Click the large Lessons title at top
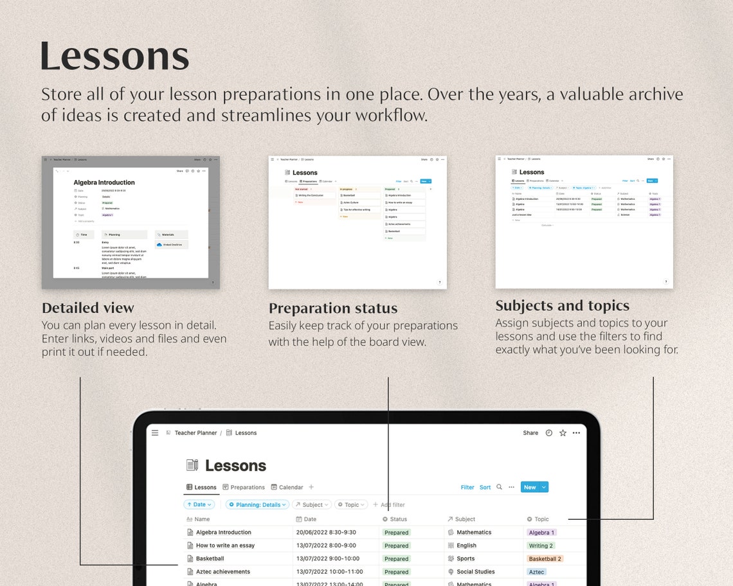point(114,57)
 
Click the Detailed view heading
point(88,308)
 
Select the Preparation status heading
point(333,308)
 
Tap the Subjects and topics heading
point(562,306)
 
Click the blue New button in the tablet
point(530,487)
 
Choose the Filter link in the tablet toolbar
point(467,487)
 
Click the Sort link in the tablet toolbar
point(485,487)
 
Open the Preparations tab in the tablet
point(244,487)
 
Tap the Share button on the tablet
point(530,433)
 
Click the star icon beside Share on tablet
point(563,433)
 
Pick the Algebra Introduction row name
point(223,533)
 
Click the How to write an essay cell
point(225,546)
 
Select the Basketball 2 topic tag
point(545,559)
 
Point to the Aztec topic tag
point(536,572)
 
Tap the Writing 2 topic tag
point(541,546)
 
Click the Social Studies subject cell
point(475,572)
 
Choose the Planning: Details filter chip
point(258,505)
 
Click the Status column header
point(395,519)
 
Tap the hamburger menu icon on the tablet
point(155,433)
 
